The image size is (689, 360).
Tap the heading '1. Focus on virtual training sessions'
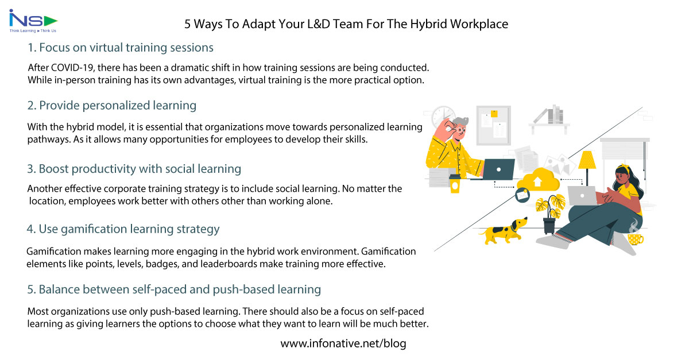pyautogui.click(x=121, y=47)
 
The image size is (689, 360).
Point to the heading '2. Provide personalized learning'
pyautogui.click(x=112, y=106)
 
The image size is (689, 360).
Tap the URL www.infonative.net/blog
pyautogui.click(x=343, y=343)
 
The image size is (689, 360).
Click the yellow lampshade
pyautogui.click(x=587, y=160)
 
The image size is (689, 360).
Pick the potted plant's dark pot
pyautogui.click(x=549, y=225)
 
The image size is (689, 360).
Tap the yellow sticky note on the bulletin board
pyautogui.click(x=494, y=114)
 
